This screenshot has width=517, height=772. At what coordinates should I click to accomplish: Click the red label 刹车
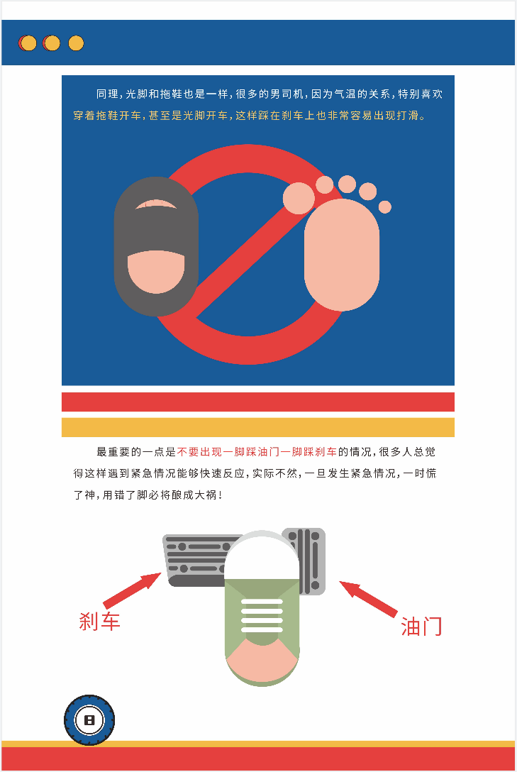click(x=99, y=622)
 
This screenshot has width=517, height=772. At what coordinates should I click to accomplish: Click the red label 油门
click(x=421, y=627)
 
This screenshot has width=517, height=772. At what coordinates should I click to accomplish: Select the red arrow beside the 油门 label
click(x=369, y=599)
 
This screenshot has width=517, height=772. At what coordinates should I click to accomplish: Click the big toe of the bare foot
click(x=299, y=199)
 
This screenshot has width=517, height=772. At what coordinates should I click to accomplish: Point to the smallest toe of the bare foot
click(x=384, y=206)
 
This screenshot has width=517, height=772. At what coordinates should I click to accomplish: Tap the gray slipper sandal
click(x=156, y=246)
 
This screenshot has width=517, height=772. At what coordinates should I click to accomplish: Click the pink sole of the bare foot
click(x=341, y=255)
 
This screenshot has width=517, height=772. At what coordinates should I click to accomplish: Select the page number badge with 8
click(x=89, y=720)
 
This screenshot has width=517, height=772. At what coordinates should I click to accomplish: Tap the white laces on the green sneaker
click(x=262, y=615)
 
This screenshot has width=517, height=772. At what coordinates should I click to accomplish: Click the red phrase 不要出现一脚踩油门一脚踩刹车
click(x=257, y=451)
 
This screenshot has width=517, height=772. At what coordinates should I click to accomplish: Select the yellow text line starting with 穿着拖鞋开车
click(x=250, y=115)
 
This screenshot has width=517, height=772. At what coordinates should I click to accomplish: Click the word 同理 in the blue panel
click(x=107, y=94)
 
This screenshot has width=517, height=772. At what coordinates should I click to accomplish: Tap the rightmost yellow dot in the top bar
click(x=76, y=43)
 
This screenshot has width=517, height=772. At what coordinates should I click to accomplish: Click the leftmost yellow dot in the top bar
click(x=28, y=43)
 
